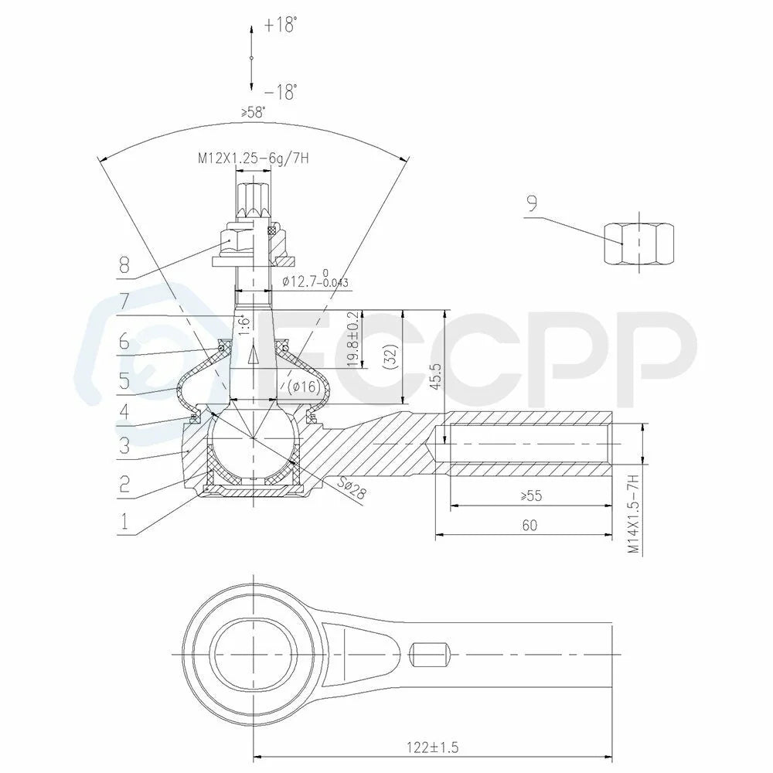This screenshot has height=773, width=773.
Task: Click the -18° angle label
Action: coord(281,92)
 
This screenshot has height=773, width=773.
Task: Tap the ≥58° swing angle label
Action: coord(253,112)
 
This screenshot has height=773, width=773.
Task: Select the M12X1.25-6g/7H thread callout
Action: coord(254,158)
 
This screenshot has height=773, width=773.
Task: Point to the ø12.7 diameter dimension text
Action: coord(315,280)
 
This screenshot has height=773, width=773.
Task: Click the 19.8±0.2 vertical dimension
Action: coord(353,339)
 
